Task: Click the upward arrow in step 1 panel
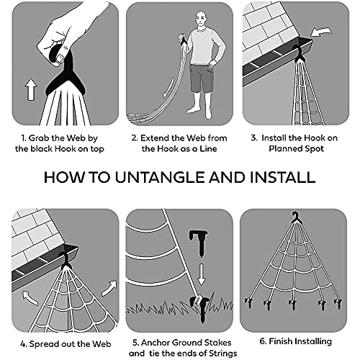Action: [x=32, y=89]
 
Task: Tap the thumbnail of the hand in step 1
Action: [x=60, y=58]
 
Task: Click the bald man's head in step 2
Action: [x=202, y=19]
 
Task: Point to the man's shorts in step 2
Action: [x=201, y=78]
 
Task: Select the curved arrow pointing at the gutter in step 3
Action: [x=321, y=32]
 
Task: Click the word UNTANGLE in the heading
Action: [x=159, y=178]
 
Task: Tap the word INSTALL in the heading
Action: [x=282, y=178]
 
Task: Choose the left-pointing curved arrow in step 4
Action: [x=30, y=297]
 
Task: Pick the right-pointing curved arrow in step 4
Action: [x=109, y=288]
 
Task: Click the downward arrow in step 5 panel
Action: [x=201, y=274]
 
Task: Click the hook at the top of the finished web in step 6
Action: [x=295, y=217]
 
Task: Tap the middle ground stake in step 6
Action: [x=292, y=305]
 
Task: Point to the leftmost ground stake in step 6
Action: [x=248, y=303]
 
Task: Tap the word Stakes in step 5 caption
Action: [x=217, y=343]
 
